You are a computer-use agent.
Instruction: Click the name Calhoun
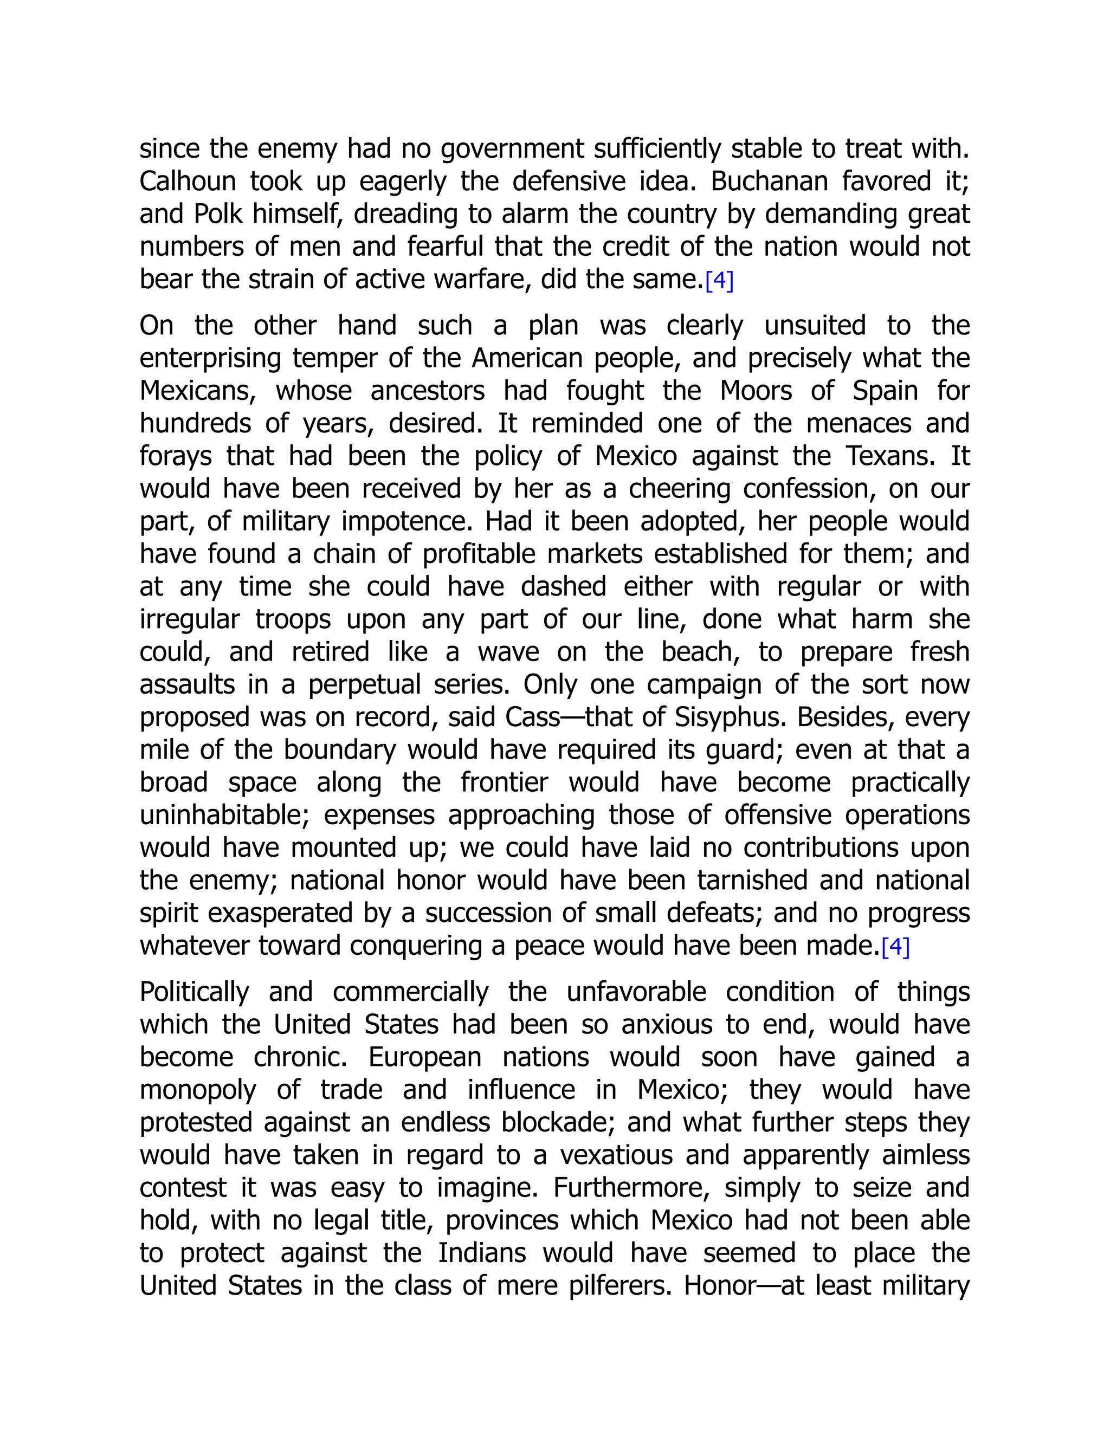[188, 181]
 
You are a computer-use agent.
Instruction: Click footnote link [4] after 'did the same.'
[719, 281]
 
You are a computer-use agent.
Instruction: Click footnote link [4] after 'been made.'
[895, 947]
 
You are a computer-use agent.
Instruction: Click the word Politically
[194, 992]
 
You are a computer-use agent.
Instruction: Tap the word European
[425, 1057]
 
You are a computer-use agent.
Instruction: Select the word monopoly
[197, 1090]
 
